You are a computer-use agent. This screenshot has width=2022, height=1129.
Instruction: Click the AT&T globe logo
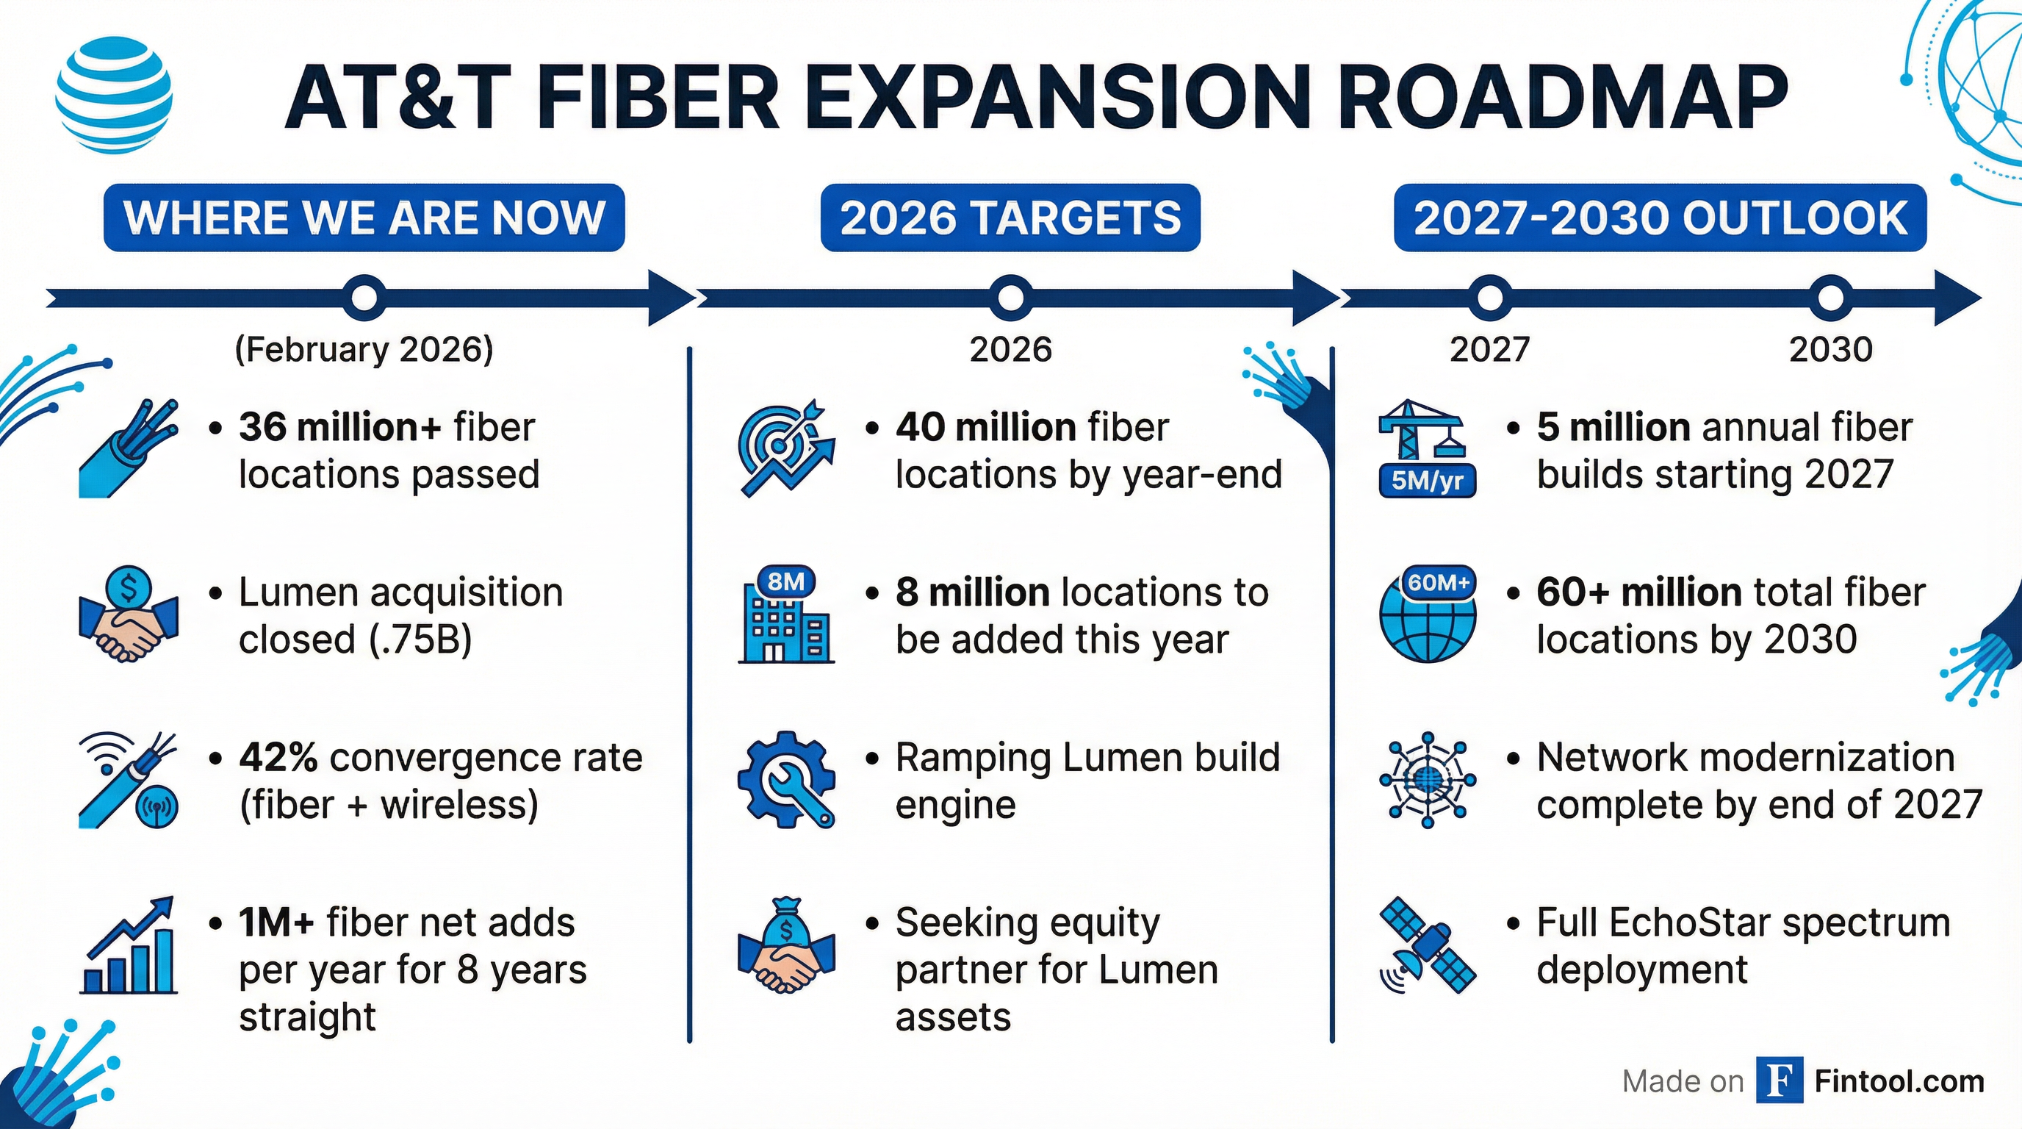pyautogui.click(x=115, y=96)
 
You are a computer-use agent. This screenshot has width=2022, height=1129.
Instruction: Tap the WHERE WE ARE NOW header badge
pyautogui.click(x=364, y=218)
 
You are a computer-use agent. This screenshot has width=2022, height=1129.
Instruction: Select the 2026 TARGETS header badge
pyautogui.click(x=1010, y=218)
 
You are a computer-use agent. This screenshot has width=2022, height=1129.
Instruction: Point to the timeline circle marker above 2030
pyautogui.click(x=1829, y=298)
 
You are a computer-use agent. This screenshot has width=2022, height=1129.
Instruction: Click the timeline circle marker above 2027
pyautogui.click(x=1489, y=298)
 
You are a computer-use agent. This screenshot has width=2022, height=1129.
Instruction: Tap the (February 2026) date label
pyautogui.click(x=364, y=349)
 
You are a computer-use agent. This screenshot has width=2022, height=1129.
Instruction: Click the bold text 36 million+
pyautogui.click(x=340, y=428)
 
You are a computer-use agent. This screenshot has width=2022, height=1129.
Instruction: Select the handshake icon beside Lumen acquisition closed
pyautogui.click(x=129, y=614)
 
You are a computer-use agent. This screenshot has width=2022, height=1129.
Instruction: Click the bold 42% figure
pyautogui.click(x=278, y=758)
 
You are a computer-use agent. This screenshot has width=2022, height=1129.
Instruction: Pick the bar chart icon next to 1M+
pyautogui.click(x=129, y=947)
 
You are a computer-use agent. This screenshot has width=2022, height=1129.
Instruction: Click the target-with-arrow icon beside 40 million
pyautogui.click(x=785, y=450)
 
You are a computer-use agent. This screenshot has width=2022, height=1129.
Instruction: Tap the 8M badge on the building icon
pyautogui.click(x=785, y=581)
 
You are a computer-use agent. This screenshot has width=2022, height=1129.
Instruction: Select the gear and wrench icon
pyautogui.click(x=785, y=780)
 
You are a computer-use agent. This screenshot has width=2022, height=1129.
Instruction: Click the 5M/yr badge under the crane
pyautogui.click(x=1427, y=481)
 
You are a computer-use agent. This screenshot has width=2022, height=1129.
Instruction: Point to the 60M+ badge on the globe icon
pyautogui.click(x=1439, y=583)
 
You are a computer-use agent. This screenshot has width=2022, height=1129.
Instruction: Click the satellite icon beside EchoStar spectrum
pyautogui.click(x=1427, y=946)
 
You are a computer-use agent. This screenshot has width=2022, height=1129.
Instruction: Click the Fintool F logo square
pyautogui.click(x=1779, y=1081)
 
